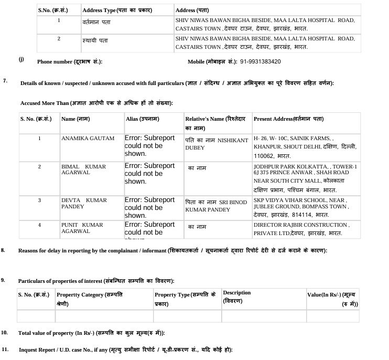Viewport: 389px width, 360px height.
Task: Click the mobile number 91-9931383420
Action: click(x=261, y=61)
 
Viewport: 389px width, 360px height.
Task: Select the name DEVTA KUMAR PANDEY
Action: click(x=84, y=204)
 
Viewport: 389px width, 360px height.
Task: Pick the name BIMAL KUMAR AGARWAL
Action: click(x=84, y=170)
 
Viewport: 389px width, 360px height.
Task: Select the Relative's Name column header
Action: click(x=217, y=123)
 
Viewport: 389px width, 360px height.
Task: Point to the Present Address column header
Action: click(x=296, y=119)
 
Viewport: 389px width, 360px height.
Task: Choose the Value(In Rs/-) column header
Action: click(x=333, y=299)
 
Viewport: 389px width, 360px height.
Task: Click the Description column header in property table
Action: click(x=236, y=297)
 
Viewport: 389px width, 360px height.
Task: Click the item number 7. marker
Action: click(x=5, y=81)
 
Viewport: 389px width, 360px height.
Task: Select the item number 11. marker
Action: click(x=5, y=349)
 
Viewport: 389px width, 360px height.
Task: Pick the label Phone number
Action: click(x=70, y=61)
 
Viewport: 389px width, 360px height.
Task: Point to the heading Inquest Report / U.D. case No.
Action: click(x=125, y=350)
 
